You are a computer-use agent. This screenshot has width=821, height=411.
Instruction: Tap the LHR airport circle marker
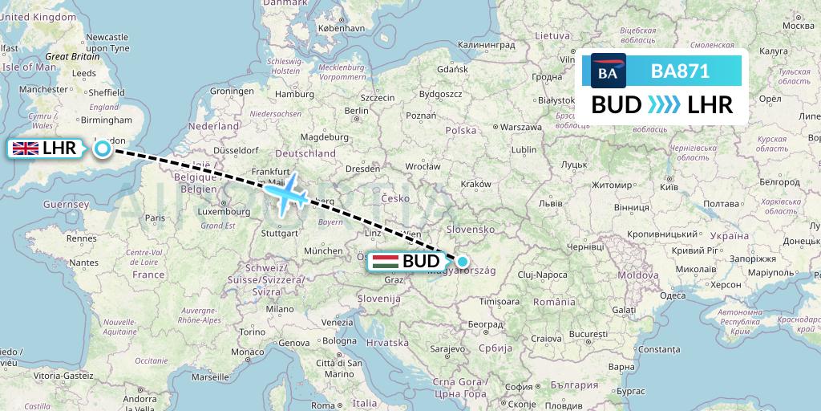click(x=102, y=148)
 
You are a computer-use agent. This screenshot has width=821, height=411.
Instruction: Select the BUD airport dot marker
click(x=463, y=261)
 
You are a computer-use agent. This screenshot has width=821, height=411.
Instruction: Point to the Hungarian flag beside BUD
click(x=386, y=262)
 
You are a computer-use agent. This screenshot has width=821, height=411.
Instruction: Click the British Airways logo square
click(x=608, y=71)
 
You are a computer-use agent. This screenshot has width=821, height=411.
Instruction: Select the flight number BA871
click(x=680, y=71)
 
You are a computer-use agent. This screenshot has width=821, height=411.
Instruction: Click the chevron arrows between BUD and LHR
click(x=663, y=105)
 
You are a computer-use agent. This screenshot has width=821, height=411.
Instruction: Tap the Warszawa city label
click(x=518, y=128)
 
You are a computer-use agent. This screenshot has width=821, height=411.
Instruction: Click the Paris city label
click(x=155, y=218)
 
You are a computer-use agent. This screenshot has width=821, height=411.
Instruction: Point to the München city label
click(x=323, y=250)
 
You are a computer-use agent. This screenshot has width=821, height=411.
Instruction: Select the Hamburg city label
click(x=293, y=93)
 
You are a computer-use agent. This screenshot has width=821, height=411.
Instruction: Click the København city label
click(x=342, y=27)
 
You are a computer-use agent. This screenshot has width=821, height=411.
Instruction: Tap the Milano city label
click(x=280, y=308)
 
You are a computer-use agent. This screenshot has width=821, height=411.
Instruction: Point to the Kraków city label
click(x=476, y=184)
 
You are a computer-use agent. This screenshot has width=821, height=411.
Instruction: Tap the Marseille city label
click(x=210, y=376)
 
